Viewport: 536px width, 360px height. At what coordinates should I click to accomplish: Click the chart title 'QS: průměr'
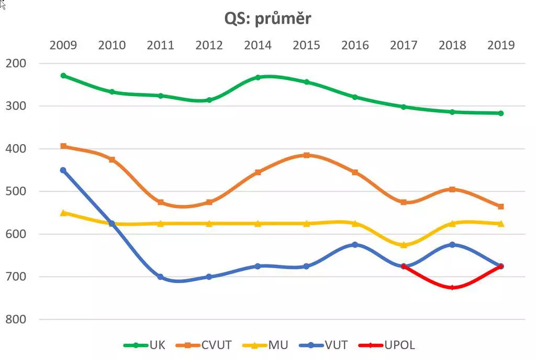(267, 18)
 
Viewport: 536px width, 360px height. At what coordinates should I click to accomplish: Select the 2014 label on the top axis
(258, 45)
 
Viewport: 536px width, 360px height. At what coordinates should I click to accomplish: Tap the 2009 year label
(63, 45)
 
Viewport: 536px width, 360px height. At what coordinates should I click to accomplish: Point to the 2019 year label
(501, 45)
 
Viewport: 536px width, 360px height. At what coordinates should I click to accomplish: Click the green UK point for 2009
(63, 76)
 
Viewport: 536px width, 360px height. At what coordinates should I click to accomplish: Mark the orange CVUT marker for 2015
(307, 155)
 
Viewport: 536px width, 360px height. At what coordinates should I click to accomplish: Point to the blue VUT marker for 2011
(161, 277)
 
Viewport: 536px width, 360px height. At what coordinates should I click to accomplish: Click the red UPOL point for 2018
(452, 287)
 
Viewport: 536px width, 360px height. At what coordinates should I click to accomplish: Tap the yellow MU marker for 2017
(404, 245)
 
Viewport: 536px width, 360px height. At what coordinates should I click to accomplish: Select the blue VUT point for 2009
(63, 170)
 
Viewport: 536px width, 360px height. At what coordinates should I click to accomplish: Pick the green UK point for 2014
(258, 77)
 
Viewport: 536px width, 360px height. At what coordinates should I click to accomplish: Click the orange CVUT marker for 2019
(501, 206)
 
